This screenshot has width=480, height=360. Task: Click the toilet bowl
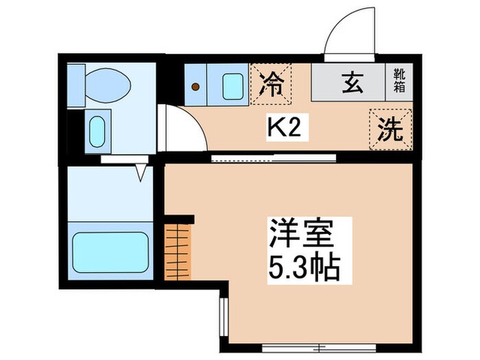coord(110,83)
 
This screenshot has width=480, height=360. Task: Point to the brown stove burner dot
coord(197,86)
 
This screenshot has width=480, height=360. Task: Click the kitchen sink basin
coord(233,85)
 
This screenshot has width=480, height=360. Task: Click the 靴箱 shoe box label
coord(398,81)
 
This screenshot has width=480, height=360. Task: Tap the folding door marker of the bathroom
coord(143,171)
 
